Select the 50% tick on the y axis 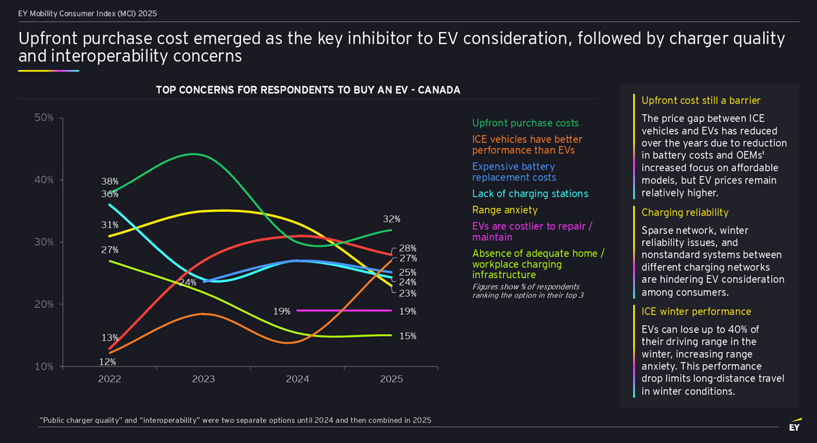click(x=44, y=118)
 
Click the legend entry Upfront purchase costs click(x=525, y=123)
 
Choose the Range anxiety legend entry click(x=504, y=210)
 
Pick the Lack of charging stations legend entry click(x=530, y=194)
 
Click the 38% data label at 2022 click(x=110, y=182)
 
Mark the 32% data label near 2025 click(x=391, y=219)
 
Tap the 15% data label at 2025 click(x=408, y=336)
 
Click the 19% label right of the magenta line click(x=408, y=311)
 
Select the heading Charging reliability click(x=685, y=213)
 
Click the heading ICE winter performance click(x=696, y=311)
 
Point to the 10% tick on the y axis click(x=44, y=367)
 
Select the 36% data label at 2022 click(x=110, y=194)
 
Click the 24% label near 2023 click(x=188, y=282)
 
